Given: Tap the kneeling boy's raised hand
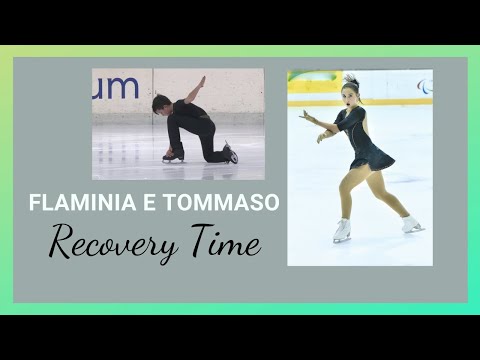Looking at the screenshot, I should tap(203, 80).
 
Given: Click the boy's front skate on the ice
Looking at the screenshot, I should tap(173, 155).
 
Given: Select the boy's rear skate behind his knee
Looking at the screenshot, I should tap(230, 154).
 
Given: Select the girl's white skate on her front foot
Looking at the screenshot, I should tap(342, 232).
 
